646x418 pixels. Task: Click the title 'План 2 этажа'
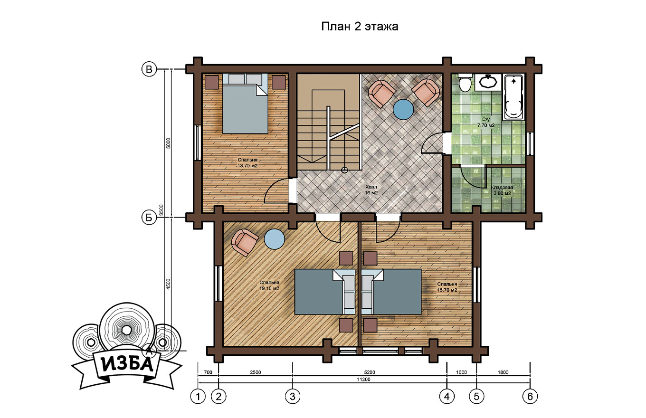click(x=360, y=27)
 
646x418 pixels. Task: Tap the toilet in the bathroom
click(x=465, y=83)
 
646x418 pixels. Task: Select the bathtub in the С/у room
click(x=513, y=97)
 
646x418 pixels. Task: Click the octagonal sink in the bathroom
click(x=488, y=82)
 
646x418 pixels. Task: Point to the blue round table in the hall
click(x=403, y=109)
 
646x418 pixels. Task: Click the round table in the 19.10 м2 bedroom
click(x=275, y=239)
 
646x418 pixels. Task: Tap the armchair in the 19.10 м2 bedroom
click(x=245, y=242)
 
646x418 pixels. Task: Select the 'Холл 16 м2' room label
click(x=371, y=190)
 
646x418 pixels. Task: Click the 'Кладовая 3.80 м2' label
click(x=502, y=190)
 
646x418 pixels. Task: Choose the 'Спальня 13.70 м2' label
click(x=247, y=163)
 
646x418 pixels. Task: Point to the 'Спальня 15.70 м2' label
click(x=447, y=287)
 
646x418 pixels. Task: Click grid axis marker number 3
click(x=293, y=396)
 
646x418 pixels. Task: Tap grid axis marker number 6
click(x=530, y=396)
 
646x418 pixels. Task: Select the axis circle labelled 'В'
click(x=149, y=69)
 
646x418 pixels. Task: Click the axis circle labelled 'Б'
click(x=149, y=217)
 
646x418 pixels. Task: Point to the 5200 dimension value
click(x=370, y=372)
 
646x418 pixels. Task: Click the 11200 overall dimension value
click(x=363, y=380)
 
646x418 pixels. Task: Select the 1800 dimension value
click(x=503, y=372)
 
